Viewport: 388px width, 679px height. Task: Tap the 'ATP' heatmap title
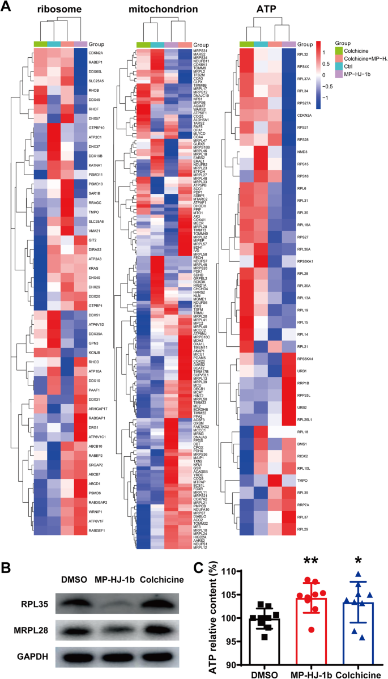265,10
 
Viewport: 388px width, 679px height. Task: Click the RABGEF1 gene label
99,404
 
